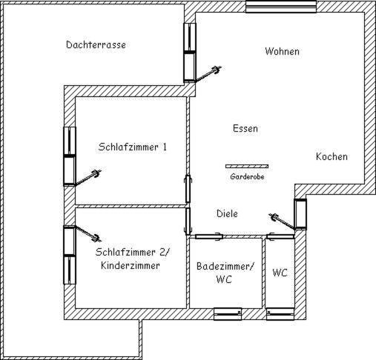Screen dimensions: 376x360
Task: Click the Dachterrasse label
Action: pyautogui.click(x=96, y=44)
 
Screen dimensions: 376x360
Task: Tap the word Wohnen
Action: pyautogui.click(x=282, y=51)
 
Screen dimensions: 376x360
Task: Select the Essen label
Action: pyautogui.click(x=245, y=128)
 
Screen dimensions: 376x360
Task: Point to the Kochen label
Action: pyautogui.click(x=332, y=156)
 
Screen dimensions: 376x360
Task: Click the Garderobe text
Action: pyautogui.click(x=247, y=176)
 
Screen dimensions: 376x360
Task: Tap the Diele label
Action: pyautogui.click(x=227, y=213)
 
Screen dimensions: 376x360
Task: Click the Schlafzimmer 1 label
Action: pyautogui.click(x=133, y=147)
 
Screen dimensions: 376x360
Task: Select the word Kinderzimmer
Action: pyautogui.click(x=131, y=266)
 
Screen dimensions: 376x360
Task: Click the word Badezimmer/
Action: pyautogui.click(x=225, y=267)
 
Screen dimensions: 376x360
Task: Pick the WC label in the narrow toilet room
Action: pyautogui.click(x=280, y=273)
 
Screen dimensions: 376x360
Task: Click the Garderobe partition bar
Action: pyautogui.click(x=247, y=167)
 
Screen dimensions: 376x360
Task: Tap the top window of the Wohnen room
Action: pyautogui.click(x=281, y=7)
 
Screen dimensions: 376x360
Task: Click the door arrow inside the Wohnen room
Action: pyautogui.click(x=208, y=73)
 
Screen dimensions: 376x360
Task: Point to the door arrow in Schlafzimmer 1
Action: pyautogui.click(x=88, y=177)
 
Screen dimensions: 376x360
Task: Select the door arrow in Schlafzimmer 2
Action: pyautogui.click(x=88, y=233)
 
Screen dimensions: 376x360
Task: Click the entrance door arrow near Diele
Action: pyautogui.click(x=282, y=221)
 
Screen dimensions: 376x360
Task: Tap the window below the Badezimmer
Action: pyautogui.click(x=228, y=314)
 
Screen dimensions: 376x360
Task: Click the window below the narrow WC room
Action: pyautogui.click(x=280, y=314)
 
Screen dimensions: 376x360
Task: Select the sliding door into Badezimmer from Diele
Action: pyautogui.click(x=209, y=236)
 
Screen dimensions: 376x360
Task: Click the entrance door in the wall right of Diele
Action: pyautogui.click(x=300, y=214)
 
